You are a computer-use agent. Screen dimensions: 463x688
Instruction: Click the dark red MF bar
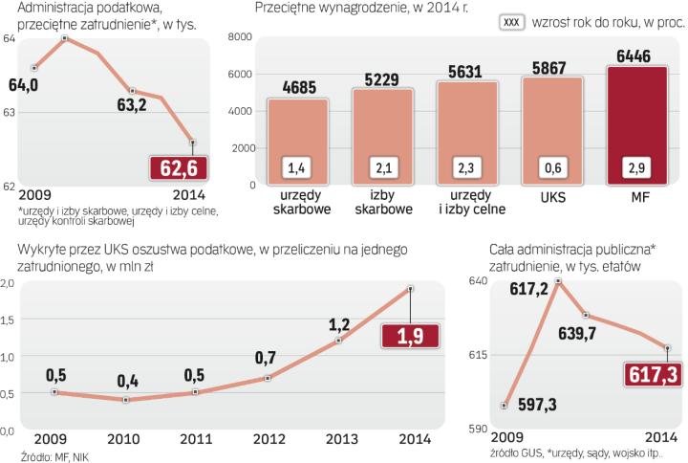point(640,124)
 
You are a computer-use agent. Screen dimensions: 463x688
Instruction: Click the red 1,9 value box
point(409,337)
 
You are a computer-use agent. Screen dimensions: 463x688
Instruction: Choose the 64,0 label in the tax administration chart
point(23,86)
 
